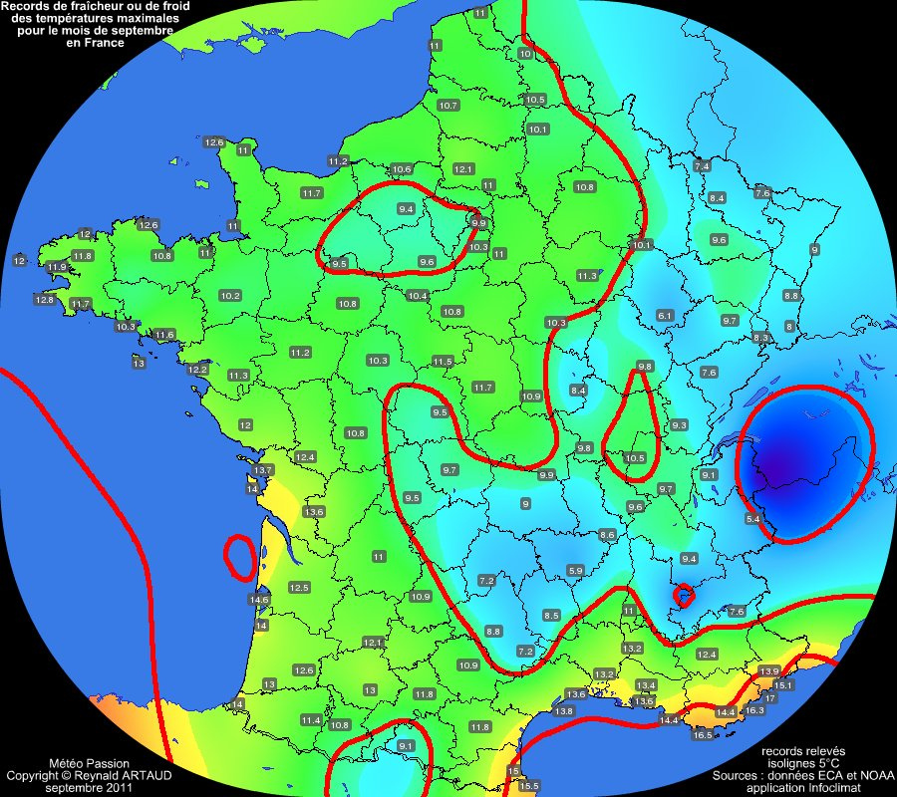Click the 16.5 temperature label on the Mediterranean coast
pyautogui.click(x=703, y=735)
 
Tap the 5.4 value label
pyautogui.click(x=752, y=519)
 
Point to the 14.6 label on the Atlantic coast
pyautogui.click(x=259, y=600)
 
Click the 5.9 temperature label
pyautogui.click(x=575, y=570)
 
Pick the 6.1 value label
pyautogui.click(x=665, y=316)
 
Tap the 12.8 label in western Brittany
pyautogui.click(x=45, y=300)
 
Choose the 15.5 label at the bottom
pyautogui.click(x=528, y=786)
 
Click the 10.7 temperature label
pyautogui.click(x=448, y=106)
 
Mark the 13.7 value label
pyautogui.click(x=263, y=469)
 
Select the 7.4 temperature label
pyautogui.click(x=702, y=165)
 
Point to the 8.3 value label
pyautogui.click(x=760, y=339)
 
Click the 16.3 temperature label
pyautogui.click(x=754, y=710)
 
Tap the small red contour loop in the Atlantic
pyautogui.click(x=239, y=557)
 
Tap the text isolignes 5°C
pyautogui.click(x=802, y=762)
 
